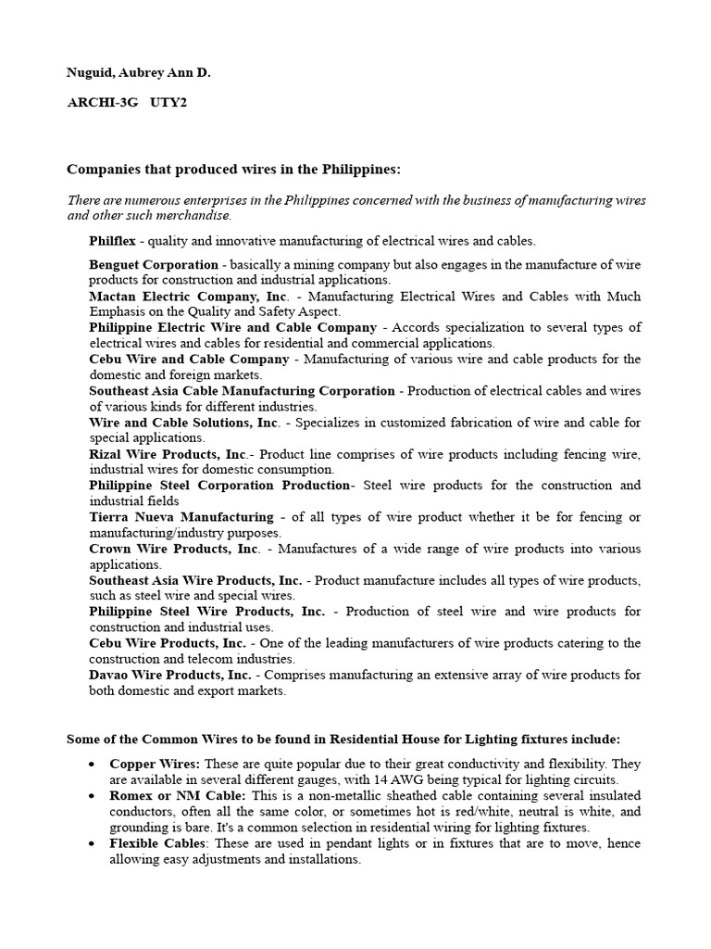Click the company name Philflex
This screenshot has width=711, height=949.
coord(112,241)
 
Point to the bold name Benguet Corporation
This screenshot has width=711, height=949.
coord(154,265)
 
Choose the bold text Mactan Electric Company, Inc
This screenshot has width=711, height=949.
coord(189,297)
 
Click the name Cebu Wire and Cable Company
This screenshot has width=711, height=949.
coord(189,360)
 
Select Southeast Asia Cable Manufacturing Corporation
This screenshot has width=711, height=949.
coord(242,391)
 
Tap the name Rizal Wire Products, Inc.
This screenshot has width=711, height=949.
coord(168,454)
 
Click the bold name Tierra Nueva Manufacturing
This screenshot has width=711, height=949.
coord(181,517)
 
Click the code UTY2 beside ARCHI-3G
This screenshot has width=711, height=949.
coord(170,103)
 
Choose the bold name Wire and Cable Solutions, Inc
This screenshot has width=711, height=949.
coord(183,423)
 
